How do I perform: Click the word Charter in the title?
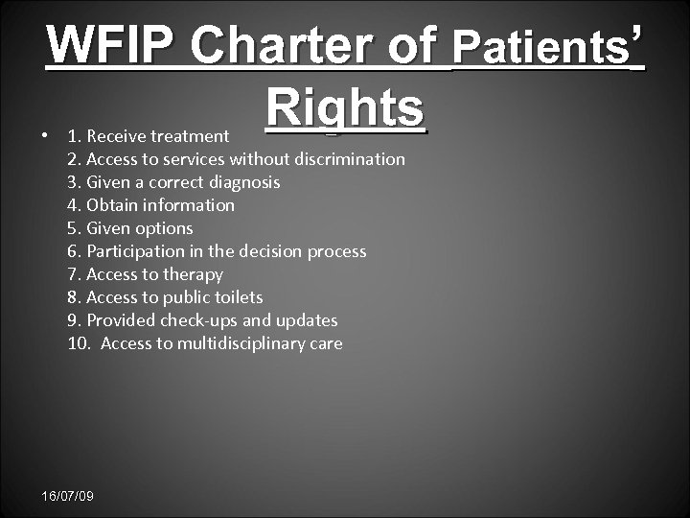(x=295, y=45)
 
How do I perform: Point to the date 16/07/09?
(x=68, y=496)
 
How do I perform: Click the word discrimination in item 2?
(x=351, y=159)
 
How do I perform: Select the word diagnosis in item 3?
(x=243, y=182)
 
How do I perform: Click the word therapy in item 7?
(x=192, y=274)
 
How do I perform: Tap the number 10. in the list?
(x=80, y=343)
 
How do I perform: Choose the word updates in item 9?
(x=307, y=320)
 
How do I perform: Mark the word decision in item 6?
(x=267, y=251)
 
